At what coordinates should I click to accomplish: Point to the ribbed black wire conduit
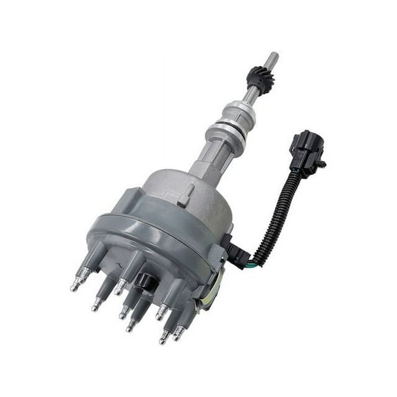click(276, 207)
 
